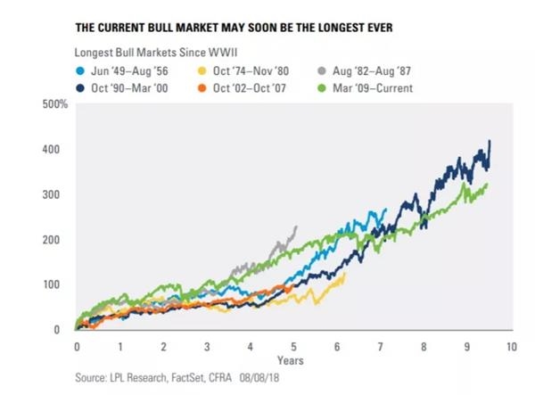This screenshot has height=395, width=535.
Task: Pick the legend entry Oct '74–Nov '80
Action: (259, 69)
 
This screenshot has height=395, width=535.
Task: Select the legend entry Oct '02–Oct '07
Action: (259, 88)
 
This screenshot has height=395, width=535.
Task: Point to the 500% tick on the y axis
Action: (56, 105)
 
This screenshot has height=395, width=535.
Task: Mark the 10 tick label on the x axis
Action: (511, 344)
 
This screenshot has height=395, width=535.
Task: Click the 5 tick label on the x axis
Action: (294, 344)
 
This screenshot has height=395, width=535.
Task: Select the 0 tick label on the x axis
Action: (78, 344)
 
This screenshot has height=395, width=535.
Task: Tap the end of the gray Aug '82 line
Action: (296, 226)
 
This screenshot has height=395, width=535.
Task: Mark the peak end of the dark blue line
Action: (490, 141)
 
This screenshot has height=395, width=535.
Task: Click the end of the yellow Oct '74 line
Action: (344, 274)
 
